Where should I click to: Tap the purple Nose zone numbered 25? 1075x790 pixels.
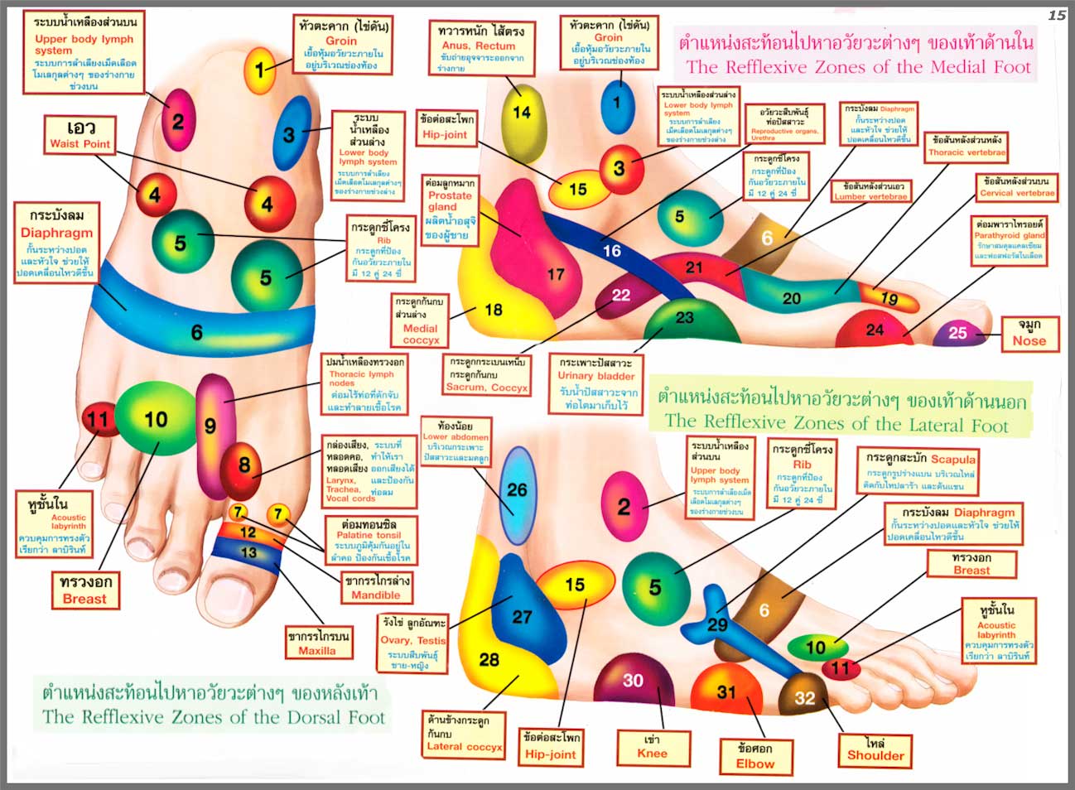tap(957, 334)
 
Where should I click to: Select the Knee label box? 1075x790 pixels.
tap(652, 746)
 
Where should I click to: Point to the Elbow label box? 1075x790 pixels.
tap(755, 756)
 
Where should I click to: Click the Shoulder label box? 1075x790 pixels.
tap(875, 749)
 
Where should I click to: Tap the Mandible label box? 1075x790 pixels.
tap(376, 587)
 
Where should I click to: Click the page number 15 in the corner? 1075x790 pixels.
tap(1057, 15)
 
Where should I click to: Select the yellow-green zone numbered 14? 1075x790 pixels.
tap(522, 113)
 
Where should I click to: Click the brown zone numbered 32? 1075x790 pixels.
tap(804, 697)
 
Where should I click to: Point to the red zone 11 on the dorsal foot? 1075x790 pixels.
tap(98, 420)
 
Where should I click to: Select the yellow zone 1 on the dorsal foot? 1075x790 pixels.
tap(260, 70)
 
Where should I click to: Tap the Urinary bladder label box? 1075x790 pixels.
tap(596, 383)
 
